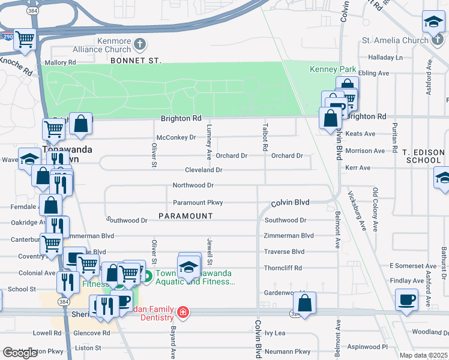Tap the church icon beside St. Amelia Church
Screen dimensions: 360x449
click(439, 41)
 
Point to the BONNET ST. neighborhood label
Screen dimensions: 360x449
click(136, 61)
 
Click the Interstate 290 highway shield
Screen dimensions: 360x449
click(6, 37)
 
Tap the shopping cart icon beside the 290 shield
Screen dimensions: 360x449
click(25, 40)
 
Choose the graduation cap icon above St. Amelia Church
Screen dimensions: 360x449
click(433, 22)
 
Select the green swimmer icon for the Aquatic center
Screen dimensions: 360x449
click(147, 277)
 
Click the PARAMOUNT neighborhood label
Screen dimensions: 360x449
click(186, 215)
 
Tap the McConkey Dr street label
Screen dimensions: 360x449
click(176, 137)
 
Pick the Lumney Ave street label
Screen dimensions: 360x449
click(209, 142)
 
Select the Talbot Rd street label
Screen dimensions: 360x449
click(264, 137)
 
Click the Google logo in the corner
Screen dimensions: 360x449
click(20, 352)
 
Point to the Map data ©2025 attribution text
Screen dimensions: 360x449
click(424, 355)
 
